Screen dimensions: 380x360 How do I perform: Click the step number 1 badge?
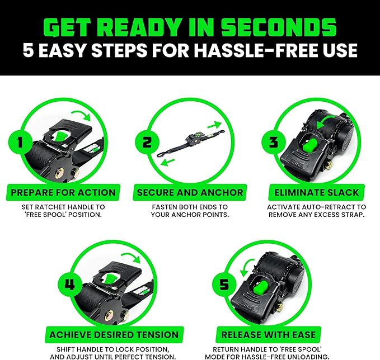(20, 142)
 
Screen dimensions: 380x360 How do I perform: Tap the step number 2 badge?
(147, 142)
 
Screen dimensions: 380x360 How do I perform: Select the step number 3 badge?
(274, 142)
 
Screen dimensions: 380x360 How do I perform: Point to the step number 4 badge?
(70, 284)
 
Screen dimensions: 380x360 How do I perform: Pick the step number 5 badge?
(224, 284)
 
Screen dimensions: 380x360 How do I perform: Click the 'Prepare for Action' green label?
(63, 192)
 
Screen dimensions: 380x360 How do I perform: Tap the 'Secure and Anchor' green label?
(190, 192)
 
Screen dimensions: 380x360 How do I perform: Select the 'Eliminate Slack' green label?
(317, 192)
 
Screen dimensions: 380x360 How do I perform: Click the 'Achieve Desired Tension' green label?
(114, 335)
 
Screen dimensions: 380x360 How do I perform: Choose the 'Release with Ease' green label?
(269, 335)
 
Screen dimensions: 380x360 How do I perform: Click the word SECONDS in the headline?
(279, 27)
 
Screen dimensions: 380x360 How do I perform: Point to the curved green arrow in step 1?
(82, 115)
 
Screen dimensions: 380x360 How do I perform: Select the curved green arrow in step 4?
(132, 257)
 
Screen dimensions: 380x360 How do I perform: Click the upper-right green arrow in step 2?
(215, 125)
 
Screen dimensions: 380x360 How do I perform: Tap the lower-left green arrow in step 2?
(168, 162)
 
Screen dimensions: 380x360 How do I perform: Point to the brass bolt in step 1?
(59, 174)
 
